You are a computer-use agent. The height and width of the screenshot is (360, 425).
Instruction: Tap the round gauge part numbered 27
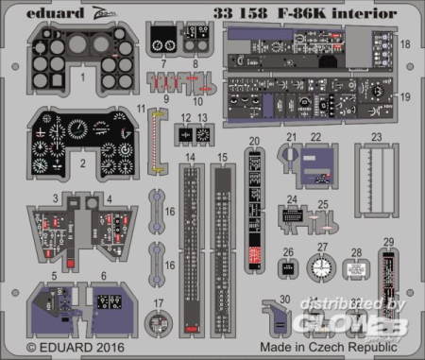click(322, 267)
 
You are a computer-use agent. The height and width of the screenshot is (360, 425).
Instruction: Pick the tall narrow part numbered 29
click(387, 287)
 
